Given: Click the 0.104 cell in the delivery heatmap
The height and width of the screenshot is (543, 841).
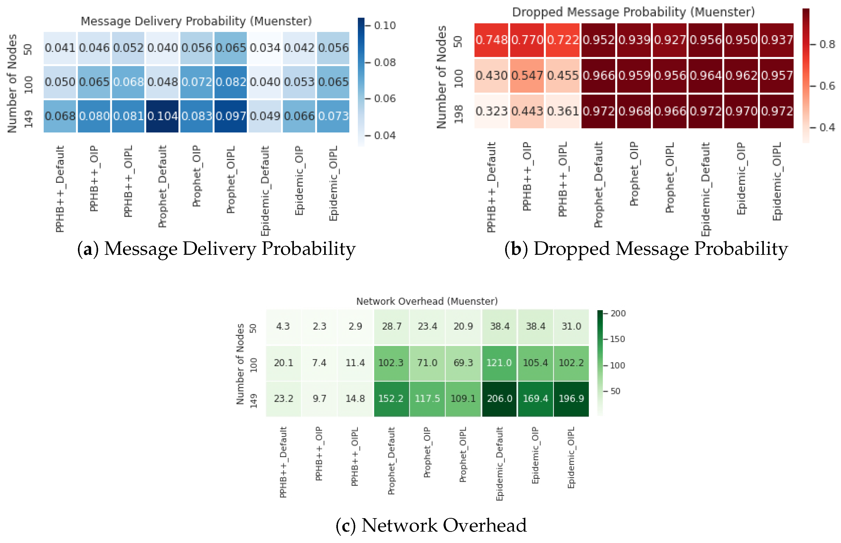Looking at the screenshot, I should pyautogui.click(x=162, y=116).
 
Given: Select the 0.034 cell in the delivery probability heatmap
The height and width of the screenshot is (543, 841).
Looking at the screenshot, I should pyautogui.click(x=265, y=48).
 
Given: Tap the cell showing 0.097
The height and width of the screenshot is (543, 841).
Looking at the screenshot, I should pyautogui.click(x=231, y=116).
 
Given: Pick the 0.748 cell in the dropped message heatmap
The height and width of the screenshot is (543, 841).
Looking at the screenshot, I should pyautogui.click(x=491, y=40).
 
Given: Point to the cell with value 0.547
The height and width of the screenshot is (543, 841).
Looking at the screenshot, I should pyautogui.click(x=527, y=76).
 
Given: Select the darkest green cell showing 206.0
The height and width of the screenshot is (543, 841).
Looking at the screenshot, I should pyautogui.click(x=499, y=398).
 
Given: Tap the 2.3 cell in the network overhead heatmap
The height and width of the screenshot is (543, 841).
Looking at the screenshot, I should pyautogui.click(x=320, y=326).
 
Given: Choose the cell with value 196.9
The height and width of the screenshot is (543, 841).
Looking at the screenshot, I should pyautogui.click(x=571, y=398).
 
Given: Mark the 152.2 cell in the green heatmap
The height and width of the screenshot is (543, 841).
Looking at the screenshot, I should pyautogui.click(x=391, y=398).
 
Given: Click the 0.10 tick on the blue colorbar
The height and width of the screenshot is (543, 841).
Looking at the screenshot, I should pyautogui.click(x=385, y=26).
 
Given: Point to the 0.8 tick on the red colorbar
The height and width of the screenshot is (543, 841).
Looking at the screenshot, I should pyautogui.click(x=827, y=44).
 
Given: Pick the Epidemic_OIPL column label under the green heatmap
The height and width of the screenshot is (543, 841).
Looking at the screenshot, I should pyautogui.click(x=571, y=457).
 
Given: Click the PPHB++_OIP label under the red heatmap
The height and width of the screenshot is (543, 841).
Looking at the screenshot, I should pyautogui.click(x=527, y=176).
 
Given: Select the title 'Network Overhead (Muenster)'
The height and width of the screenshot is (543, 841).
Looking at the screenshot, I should pyautogui.click(x=427, y=301).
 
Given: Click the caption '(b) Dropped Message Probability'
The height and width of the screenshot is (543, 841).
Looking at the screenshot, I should pyautogui.click(x=646, y=249).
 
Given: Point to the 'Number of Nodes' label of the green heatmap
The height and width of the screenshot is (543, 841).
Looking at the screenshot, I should pyautogui.click(x=240, y=364).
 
